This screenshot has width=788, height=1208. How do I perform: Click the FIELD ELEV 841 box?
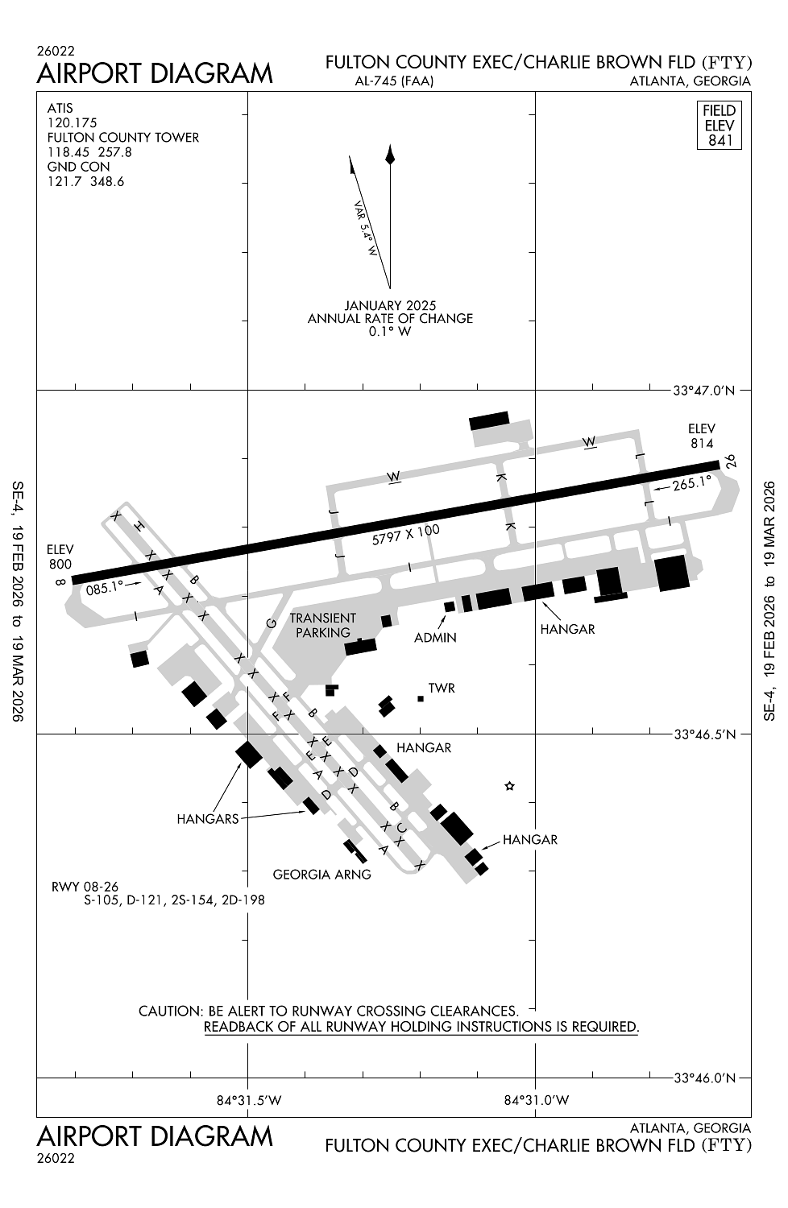pyautogui.click(x=719, y=125)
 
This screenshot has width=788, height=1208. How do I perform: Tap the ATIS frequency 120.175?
pyautogui.click(x=72, y=122)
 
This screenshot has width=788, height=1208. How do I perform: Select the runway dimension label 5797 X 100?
pyautogui.click(x=406, y=535)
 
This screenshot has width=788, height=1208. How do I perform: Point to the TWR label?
pyautogui.click(x=442, y=689)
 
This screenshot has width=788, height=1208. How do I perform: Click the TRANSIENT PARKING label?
pyautogui.click(x=322, y=625)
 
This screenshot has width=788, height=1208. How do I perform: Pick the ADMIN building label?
pyautogui.click(x=435, y=638)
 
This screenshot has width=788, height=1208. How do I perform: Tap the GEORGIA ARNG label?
pyautogui.click(x=321, y=874)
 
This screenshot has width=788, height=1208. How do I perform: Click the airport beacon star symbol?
pyautogui.click(x=509, y=786)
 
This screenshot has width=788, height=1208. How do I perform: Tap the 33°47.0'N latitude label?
pyautogui.click(x=703, y=391)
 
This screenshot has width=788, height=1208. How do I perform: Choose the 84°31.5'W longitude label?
pyautogui.click(x=248, y=1100)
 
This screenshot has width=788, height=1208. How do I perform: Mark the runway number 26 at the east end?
pyautogui.click(x=730, y=461)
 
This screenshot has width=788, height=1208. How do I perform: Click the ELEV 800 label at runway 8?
pyautogui.click(x=60, y=556)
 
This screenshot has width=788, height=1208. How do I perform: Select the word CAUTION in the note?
pyautogui.click(x=170, y=1011)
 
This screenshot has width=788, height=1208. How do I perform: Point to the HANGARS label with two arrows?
pyautogui.click(x=208, y=819)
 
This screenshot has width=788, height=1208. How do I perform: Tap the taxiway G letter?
pyautogui.click(x=272, y=623)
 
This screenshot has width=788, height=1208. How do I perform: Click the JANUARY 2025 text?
pyautogui.click(x=390, y=305)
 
